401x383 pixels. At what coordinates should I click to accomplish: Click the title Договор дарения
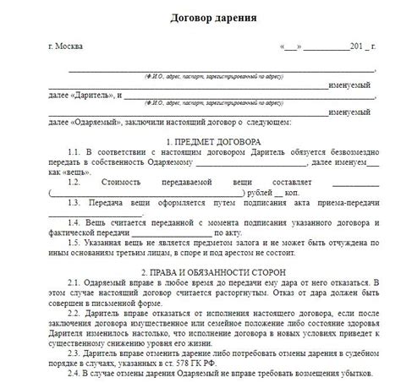pos(200,18)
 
